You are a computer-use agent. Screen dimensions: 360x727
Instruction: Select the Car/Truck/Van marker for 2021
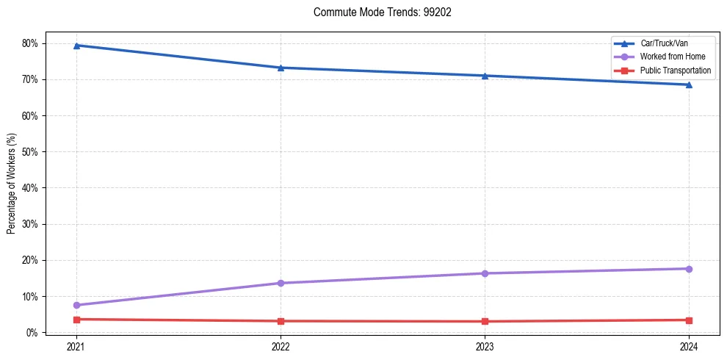pos(76,46)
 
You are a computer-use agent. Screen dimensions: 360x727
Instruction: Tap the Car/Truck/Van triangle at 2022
pos(281,68)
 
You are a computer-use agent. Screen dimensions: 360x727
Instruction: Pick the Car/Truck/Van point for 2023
pos(485,76)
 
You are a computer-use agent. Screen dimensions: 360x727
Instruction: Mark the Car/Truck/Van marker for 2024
pos(689,84)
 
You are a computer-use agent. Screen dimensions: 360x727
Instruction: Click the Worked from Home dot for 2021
pos(76,305)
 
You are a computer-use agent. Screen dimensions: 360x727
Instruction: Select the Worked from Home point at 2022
pos(281,283)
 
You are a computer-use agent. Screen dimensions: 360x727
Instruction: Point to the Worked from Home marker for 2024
pos(689,269)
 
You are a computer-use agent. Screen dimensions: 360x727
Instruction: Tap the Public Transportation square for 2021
pos(76,320)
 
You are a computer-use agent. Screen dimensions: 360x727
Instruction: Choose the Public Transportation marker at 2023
pos(485,321)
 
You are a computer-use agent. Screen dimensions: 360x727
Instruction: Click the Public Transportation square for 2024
pos(689,320)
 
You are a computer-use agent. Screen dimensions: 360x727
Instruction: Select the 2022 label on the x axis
pos(281,346)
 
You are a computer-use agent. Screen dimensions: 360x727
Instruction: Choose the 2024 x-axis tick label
pos(689,346)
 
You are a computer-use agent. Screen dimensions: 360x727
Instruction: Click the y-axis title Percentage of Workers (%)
pos(12,184)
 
